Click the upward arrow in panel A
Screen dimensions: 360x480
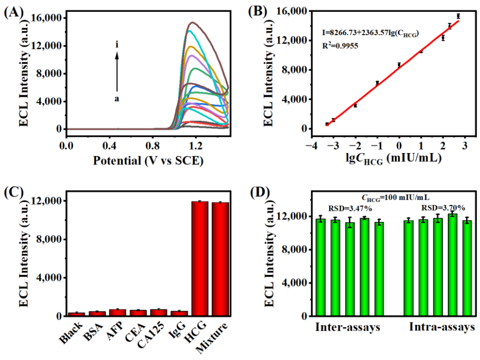(117, 72)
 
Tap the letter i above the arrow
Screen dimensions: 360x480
(117, 46)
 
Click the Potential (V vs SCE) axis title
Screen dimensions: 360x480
(147, 161)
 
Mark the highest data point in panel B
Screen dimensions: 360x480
(458, 16)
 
